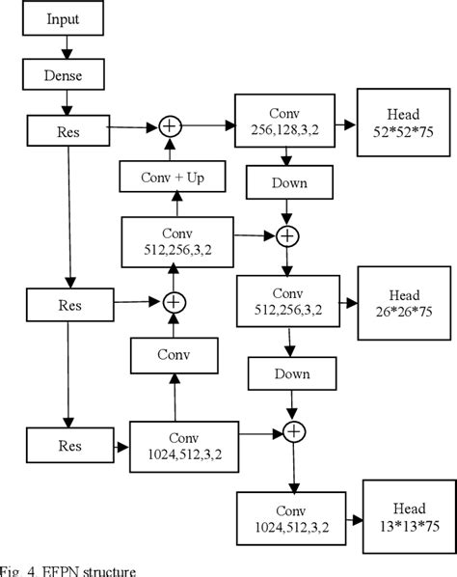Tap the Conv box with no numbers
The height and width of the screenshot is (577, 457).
(174, 355)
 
